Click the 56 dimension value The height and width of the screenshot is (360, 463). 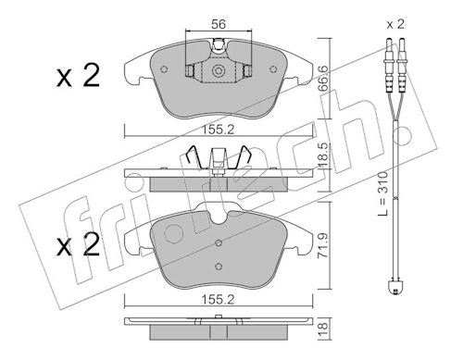pyautogui.click(x=219, y=24)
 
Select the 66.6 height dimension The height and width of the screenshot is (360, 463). pyautogui.click(x=323, y=78)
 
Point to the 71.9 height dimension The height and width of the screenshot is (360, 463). pyautogui.click(x=323, y=245)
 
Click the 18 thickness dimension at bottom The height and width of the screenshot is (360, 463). pyautogui.click(x=323, y=329)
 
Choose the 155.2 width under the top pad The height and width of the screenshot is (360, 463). pyautogui.click(x=218, y=130)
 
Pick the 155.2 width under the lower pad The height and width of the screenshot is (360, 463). pyautogui.click(x=218, y=299)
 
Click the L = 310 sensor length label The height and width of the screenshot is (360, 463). pyautogui.click(x=382, y=193)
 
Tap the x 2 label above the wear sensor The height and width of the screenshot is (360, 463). pyautogui.click(x=395, y=24)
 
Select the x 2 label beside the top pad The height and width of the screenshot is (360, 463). pyautogui.click(x=78, y=75)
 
